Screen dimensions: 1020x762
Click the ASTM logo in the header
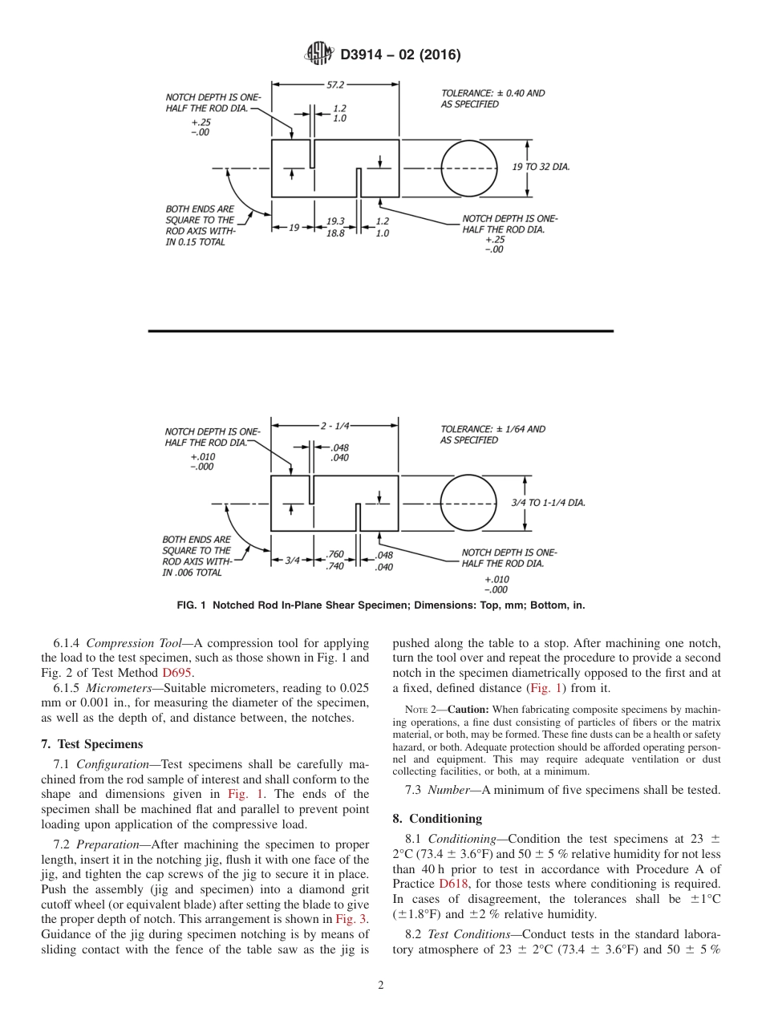pyautogui.click(x=318, y=55)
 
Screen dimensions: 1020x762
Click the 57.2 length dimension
pyautogui.click(x=335, y=83)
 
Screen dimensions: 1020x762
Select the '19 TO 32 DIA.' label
pyautogui.click(x=541, y=167)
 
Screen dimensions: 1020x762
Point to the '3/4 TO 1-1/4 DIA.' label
pyautogui.click(x=548, y=503)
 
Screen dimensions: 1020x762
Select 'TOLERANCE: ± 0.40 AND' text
pyautogui.click(x=492, y=93)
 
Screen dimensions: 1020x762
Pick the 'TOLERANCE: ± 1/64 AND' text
pyautogui.click(x=492, y=429)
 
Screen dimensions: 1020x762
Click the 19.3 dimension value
pyautogui.click(x=335, y=221)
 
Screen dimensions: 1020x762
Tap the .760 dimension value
pyautogui.click(x=335, y=554)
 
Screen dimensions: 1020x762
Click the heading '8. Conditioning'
pyautogui.click(x=437, y=818)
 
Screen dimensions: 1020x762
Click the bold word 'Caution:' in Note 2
pyautogui.click(x=468, y=710)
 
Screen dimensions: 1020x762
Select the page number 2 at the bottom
pyautogui.click(x=381, y=985)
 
